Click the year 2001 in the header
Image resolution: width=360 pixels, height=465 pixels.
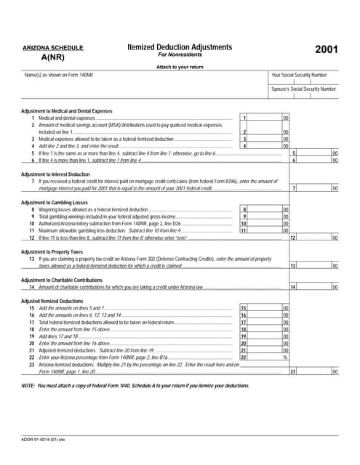pos(325,50)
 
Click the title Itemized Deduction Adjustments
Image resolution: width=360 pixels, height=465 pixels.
pos(180,47)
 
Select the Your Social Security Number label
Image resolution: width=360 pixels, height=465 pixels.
pos(304,75)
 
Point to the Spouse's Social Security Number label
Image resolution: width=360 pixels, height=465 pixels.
pos(304,89)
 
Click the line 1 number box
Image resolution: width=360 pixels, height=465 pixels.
pos(245,118)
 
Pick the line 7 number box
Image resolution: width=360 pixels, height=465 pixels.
pos(293,188)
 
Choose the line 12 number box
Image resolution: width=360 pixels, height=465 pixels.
pos(293,238)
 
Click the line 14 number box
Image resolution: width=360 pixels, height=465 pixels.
pos(293,287)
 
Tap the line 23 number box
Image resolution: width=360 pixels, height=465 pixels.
pos(293,371)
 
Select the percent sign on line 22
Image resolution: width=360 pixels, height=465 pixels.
pos(286,357)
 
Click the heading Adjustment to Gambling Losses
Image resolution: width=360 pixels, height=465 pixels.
pos(55,202)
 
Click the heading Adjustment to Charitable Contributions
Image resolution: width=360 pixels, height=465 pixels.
pos(62,280)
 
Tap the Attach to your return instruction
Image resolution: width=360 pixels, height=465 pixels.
pos(179,67)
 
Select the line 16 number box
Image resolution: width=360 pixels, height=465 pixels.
pos(244,315)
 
